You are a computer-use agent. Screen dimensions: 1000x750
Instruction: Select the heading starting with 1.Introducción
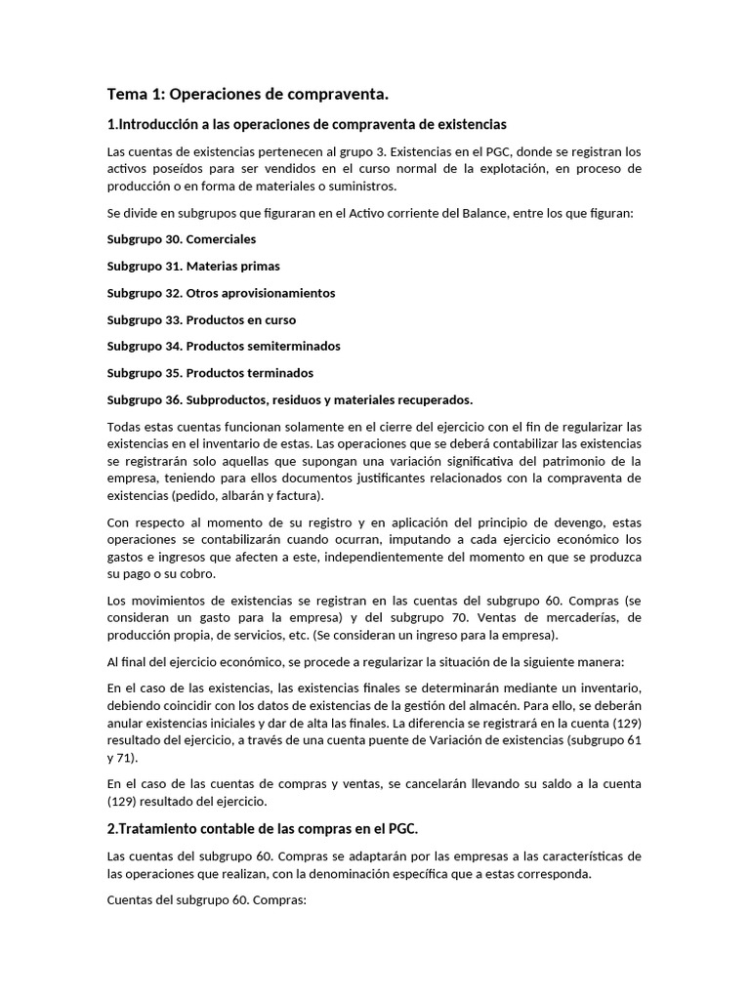coord(307,124)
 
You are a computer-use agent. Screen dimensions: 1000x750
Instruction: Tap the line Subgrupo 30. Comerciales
coord(182,238)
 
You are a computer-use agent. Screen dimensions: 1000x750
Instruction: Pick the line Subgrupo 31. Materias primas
coord(193,266)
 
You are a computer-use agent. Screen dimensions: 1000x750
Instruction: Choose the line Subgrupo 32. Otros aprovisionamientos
coord(221,292)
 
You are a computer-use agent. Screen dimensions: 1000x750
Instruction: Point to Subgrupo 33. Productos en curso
coord(201,319)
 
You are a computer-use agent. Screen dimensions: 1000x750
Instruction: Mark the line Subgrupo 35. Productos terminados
coord(210,373)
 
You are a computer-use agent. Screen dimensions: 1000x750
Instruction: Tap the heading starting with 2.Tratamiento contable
coord(262,829)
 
